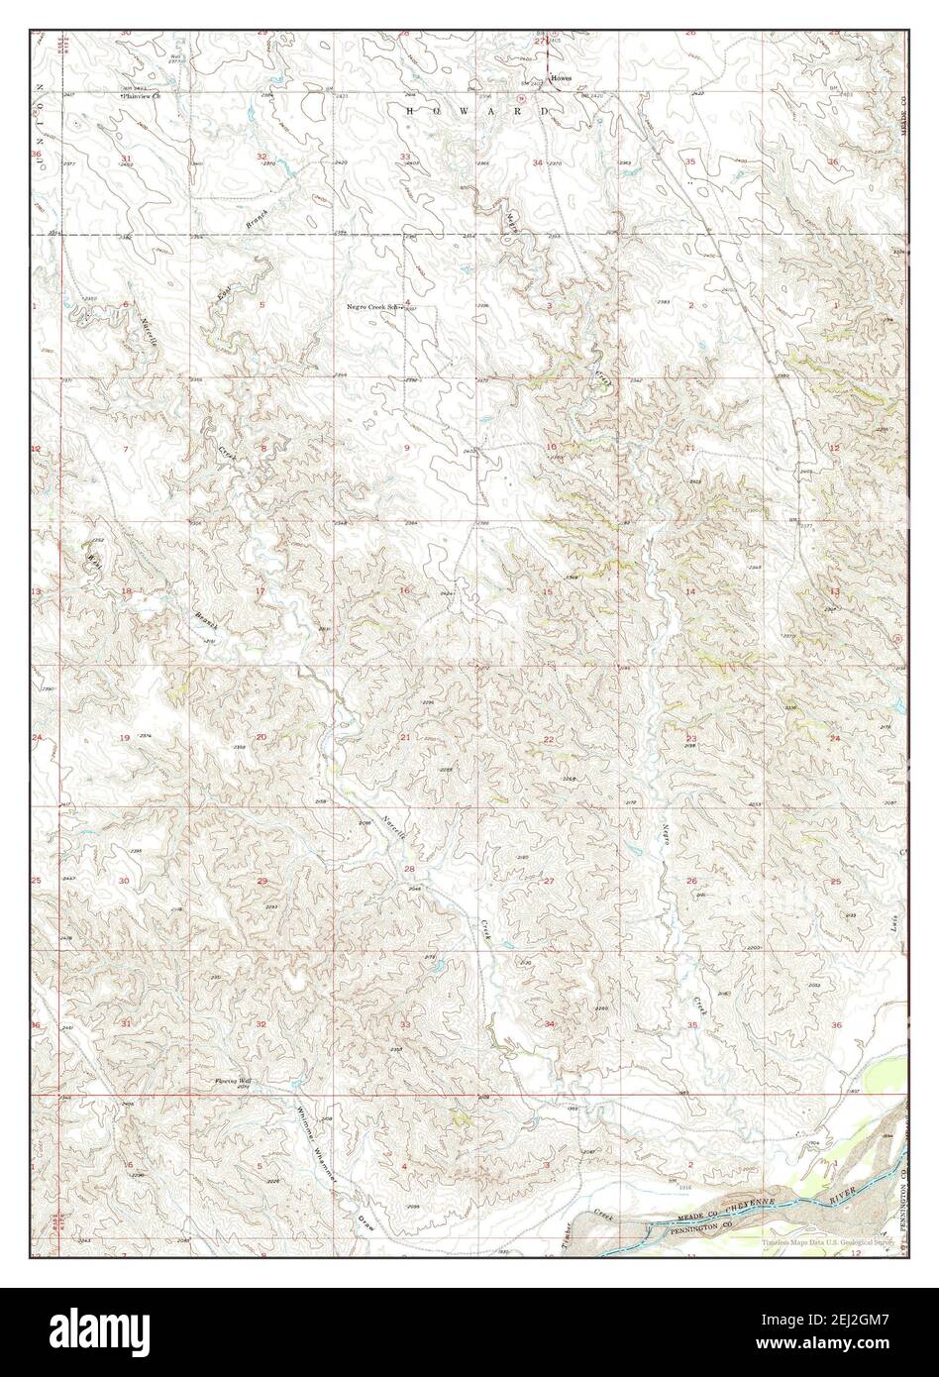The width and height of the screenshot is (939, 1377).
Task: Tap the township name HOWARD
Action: point(477,112)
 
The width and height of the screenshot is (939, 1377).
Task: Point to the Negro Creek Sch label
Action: point(376,307)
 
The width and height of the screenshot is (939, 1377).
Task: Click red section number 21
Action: point(405,738)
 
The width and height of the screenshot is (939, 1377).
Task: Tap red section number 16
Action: point(404,591)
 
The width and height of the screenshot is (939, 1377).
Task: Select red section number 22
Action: point(548,740)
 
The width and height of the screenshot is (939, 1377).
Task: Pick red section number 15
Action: point(547,592)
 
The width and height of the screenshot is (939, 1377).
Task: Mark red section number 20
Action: point(261,737)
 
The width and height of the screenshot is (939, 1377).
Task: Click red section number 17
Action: point(261,591)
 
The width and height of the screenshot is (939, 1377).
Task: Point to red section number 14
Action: point(690,591)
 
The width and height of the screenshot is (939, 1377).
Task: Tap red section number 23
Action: point(691,739)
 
